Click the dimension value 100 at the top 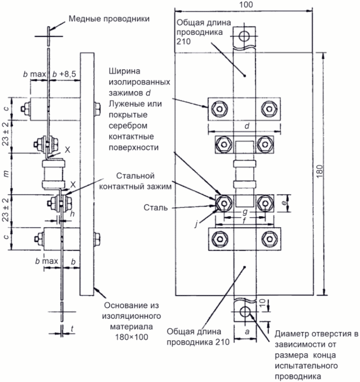[246, 5]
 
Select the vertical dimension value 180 [320, 171]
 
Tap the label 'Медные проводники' [109, 19]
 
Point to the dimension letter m [6, 174]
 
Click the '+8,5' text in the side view [68, 74]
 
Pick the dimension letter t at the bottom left [72, 329]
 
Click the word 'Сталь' [155, 208]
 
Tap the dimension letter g [245, 212]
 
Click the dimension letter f [245, 220]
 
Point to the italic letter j [196, 224]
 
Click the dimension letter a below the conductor [247, 332]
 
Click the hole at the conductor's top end [244, 36]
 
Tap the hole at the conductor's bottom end [245, 311]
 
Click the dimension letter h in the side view [72, 214]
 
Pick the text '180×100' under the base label [132, 337]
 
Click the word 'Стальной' [135, 176]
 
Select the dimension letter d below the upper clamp [247, 126]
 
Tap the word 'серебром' [128, 126]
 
